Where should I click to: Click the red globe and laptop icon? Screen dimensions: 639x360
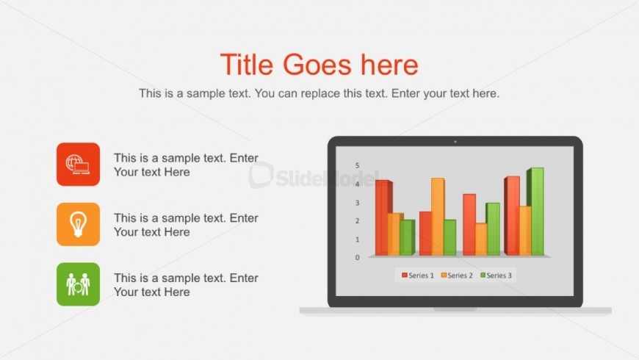(x=79, y=165)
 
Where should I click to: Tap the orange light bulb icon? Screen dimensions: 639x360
(x=79, y=224)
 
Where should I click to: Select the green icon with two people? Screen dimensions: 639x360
(x=79, y=284)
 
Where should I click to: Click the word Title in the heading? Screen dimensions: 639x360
(x=247, y=65)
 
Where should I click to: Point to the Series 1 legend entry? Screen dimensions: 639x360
(x=418, y=276)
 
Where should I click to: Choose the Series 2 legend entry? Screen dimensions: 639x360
(x=457, y=276)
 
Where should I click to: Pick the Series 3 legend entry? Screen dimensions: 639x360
(x=496, y=276)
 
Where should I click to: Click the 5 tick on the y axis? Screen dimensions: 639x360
(x=358, y=165)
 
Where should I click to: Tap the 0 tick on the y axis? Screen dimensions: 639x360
(x=358, y=258)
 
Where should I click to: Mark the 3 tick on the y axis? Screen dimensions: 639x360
(x=358, y=203)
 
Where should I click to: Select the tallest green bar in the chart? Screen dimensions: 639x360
(x=536, y=212)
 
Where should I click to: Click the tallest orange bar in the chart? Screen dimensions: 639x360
(x=437, y=217)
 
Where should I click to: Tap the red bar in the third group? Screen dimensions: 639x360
(x=469, y=225)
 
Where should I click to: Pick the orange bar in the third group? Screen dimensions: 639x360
(x=481, y=240)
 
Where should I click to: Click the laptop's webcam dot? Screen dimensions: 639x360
(x=455, y=142)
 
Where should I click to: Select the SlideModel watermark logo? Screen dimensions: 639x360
(x=313, y=176)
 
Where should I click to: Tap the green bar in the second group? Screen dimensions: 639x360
(x=450, y=238)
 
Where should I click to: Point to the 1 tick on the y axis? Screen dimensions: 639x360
(x=358, y=240)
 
